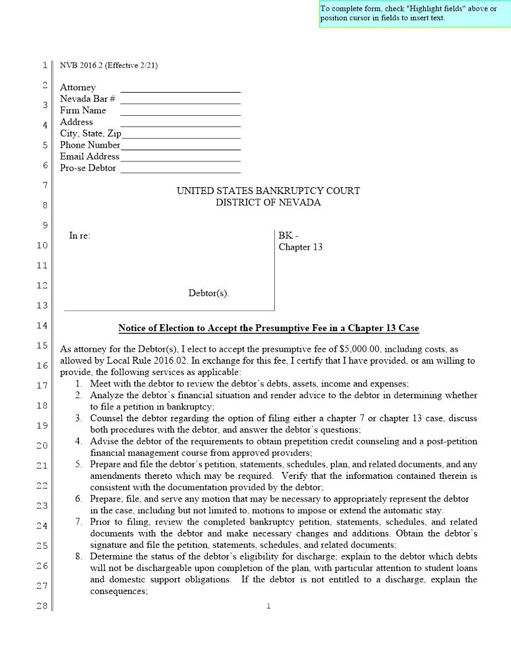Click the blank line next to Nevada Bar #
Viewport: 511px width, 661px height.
(180, 99)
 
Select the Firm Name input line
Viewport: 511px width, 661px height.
(180, 111)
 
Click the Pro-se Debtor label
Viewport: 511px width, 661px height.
(88, 168)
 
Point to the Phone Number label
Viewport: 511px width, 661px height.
(90, 145)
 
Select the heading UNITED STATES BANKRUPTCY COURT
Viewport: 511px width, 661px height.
(268, 191)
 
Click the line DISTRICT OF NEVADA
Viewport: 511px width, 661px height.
(268, 202)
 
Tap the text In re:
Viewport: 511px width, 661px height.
(80, 236)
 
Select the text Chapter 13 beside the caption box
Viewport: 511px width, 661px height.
(301, 247)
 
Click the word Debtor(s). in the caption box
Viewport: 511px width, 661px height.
(209, 293)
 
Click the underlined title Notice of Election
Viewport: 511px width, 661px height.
(269, 328)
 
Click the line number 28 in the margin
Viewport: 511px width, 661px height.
(41, 606)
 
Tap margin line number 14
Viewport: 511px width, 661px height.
(41, 325)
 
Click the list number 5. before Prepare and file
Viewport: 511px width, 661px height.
(80, 464)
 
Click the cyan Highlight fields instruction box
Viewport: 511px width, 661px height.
(415, 13)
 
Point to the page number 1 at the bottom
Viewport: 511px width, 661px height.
(268, 606)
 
